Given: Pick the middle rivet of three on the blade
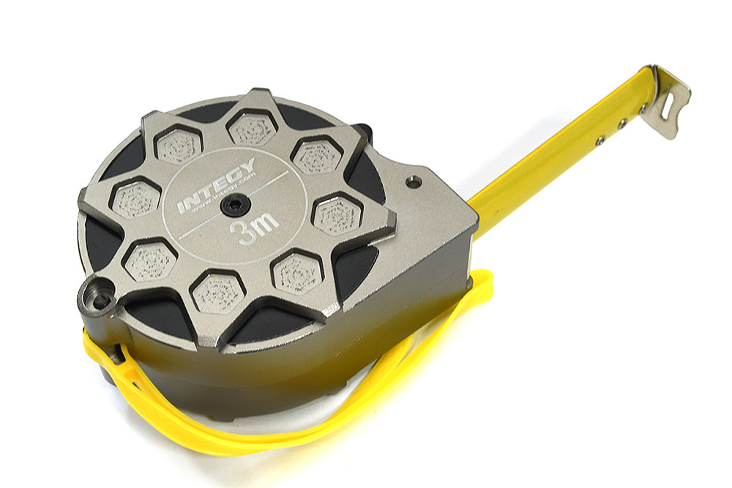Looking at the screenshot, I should pyautogui.click(x=621, y=124).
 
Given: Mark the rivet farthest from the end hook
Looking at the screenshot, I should pyautogui.click(x=600, y=140).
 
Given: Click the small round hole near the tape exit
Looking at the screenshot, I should pyautogui.click(x=414, y=181).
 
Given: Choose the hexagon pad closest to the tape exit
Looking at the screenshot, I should pyautogui.click(x=337, y=215).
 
